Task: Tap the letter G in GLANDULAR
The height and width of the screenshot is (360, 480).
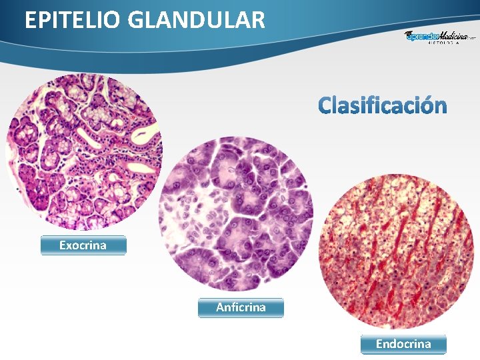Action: pyautogui.click(x=135, y=20)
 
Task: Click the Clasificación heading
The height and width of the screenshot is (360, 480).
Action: pyautogui.click(x=382, y=105)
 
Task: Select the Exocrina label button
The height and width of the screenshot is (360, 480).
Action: pyautogui.click(x=83, y=245)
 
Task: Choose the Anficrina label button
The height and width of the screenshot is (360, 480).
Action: pyautogui.click(x=241, y=307)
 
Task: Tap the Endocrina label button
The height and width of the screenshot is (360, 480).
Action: pyautogui.click(x=403, y=344)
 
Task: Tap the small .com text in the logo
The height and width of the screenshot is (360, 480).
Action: pyautogui.click(x=472, y=39)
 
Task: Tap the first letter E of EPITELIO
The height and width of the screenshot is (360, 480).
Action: pyautogui.click(x=30, y=20)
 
